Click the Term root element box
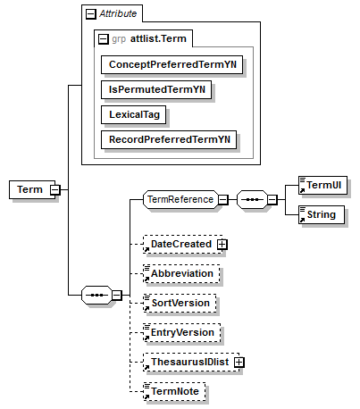click(32, 189)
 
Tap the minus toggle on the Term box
click(55, 189)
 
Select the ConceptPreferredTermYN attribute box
click(172, 64)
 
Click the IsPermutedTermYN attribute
click(156, 89)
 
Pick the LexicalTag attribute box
click(133, 114)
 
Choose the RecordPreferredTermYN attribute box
click(169, 139)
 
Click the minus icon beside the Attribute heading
click(91, 14)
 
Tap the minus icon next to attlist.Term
click(104, 39)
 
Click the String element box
click(322, 214)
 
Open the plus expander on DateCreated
click(222, 245)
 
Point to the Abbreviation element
click(181, 273)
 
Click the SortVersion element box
click(180, 303)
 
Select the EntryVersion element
click(182, 332)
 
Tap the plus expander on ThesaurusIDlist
click(239, 362)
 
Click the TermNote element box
click(174, 391)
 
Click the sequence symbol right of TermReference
click(252, 199)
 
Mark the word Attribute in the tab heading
click(118, 13)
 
